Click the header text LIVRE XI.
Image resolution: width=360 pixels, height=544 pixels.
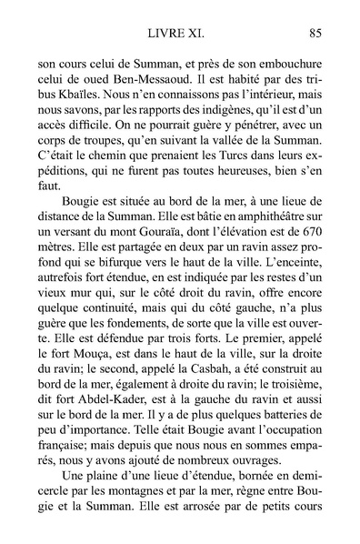point(180,35)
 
